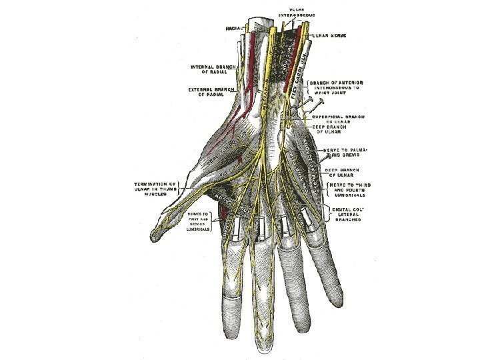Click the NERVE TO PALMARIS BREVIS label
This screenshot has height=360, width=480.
347,154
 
